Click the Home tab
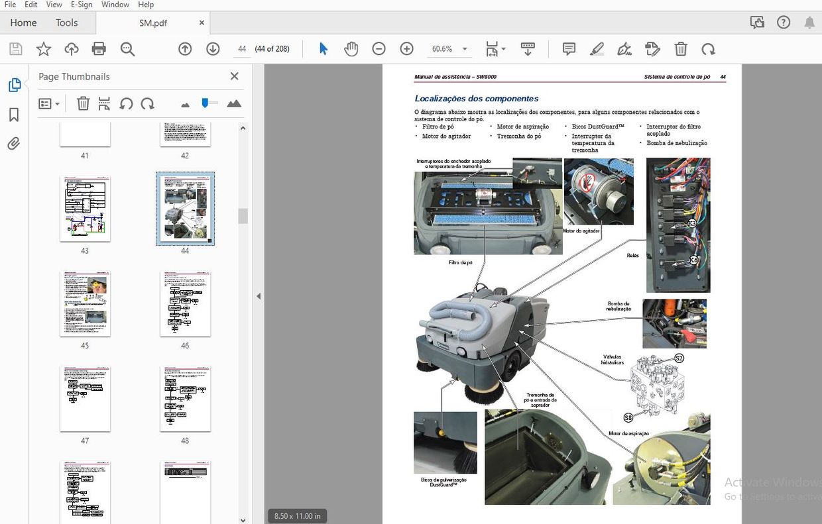pyautogui.click(x=23, y=23)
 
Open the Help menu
pyautogui.click(x=145, y=5)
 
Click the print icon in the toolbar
pyautogui.click(x=99, y=49)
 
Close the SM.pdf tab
pyautogui.click(x=202, y=23)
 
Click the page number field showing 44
pyautogui.click(x=242, y=49)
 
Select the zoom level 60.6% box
pyautogui.click(x=442, y=49)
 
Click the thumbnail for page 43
pyautogui.click(x=85, y=209)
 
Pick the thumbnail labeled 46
pyautogui.click(x=185, y=303)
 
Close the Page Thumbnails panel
pyautogui.click(x=234, y=76)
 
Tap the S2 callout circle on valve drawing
pyautogui.click(x=678, y=358)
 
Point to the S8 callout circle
pyautogui.click(x=628, y=417)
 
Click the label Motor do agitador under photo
pyautogui.click(x=581, y=231)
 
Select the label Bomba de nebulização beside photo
pyautogui.click(x=618, y=306)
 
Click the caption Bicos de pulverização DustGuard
pyautogui.click(x=444, y=482)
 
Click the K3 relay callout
pyautogui.click(x=692, y=223)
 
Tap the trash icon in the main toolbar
pyautogui.click(x=681, y=49)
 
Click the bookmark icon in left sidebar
pyautogui.click(x=14, y=115)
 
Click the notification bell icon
pyautogui.click(x=809, y=23)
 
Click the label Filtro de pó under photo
pyautogui.click(x=460, y=263)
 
